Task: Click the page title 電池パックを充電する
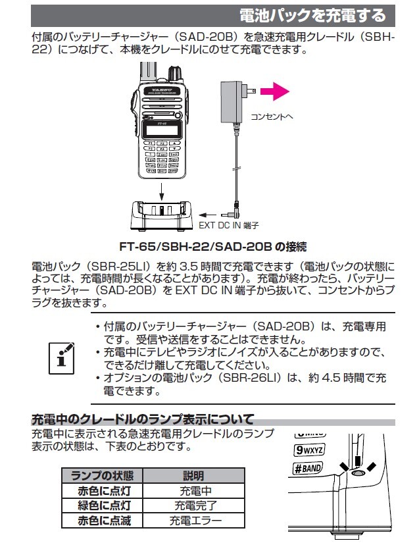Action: (308, 14)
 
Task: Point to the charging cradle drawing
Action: (161, 215)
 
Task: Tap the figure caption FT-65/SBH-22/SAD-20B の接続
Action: (212, 247)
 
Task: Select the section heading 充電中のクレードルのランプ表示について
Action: (143, 419)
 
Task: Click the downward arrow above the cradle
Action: (162, 191)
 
